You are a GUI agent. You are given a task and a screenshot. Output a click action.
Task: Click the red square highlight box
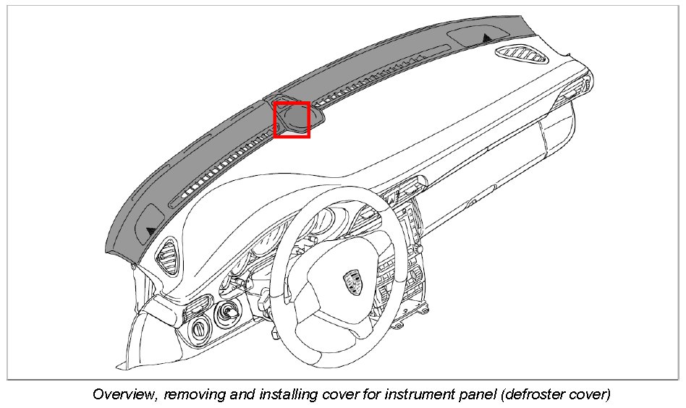pos(292,119)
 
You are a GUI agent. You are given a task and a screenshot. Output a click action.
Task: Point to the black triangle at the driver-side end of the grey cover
pos(151,229)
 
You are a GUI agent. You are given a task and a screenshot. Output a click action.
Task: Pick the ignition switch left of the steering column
pos(229,313)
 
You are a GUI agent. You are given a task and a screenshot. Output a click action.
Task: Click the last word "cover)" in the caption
pos(590,394)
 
